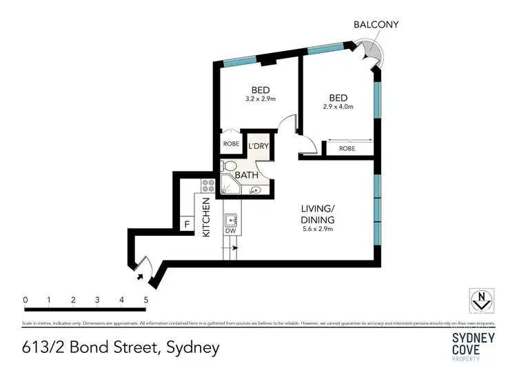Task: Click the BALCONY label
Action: pos(376,25)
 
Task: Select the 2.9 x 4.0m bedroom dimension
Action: pos(338,107)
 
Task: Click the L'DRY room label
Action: pos(258,146)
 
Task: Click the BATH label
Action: pos(247,175)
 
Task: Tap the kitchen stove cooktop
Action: pos(207,185)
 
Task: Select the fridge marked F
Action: pos(185,225)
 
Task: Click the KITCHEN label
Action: pos(205,216)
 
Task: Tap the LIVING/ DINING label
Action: pos(318,214)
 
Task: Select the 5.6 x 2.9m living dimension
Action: pos(318,230)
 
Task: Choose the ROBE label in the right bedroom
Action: pos(347,148)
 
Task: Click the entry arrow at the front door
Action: pos(141,276)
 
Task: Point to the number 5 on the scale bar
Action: pos(145,300)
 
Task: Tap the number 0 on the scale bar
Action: pos(25,300)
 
